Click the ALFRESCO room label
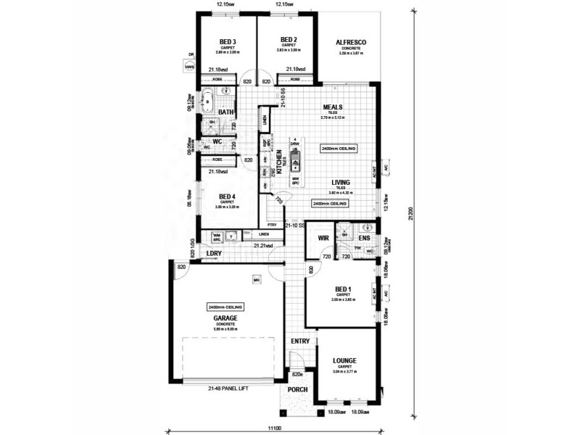351,43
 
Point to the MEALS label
333,107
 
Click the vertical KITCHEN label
278,163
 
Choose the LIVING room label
341,183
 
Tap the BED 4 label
228,196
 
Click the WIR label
323,237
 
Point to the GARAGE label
225,318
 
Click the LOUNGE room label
344,360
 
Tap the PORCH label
297,389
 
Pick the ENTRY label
299,341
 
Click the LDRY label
214,253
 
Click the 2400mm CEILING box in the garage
223,307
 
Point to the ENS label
364,237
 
